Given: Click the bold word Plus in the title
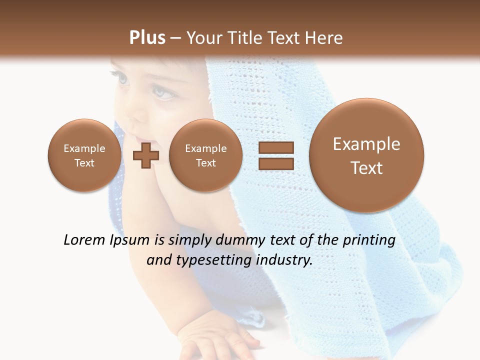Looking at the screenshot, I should (147, 38).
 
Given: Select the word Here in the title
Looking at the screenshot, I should (324, 38).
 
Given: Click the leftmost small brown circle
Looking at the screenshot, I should (84, 155).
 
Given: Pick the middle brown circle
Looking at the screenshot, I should (205, 155).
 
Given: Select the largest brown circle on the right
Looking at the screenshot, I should (366, 155).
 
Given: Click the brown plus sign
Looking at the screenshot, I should (146, 156).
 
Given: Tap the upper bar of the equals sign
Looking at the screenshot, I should (276, 147).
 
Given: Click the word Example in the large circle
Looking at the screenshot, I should (366, 144).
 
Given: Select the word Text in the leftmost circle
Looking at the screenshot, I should (84, 163).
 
